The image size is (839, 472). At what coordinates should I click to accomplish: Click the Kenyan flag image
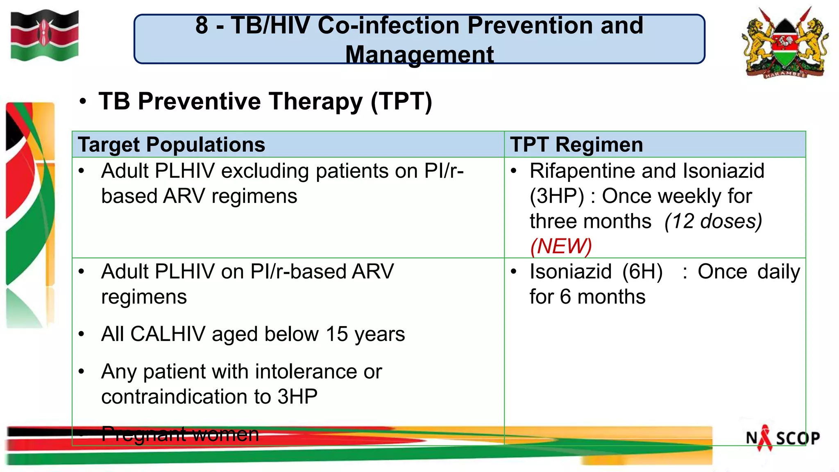(44, 35)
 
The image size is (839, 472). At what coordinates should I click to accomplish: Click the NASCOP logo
(782, 438)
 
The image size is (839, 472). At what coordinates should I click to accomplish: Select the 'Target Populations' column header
(171, 145)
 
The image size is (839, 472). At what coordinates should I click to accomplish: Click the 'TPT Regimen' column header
(576, 145)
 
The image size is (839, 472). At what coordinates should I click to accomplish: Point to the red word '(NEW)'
(561, 246)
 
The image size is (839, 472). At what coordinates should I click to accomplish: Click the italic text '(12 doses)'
(713, 221)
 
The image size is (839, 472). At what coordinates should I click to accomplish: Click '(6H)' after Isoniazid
(642, 272)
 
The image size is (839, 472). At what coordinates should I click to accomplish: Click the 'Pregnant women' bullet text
(180, 434)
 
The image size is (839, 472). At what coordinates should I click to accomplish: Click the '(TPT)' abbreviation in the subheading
(401, 102)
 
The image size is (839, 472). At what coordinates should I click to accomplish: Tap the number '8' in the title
(202, 25)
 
